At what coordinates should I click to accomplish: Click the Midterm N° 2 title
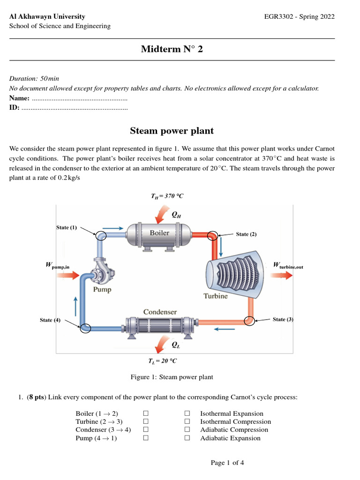tap(172, 50)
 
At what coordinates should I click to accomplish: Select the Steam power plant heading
tap(172, 131)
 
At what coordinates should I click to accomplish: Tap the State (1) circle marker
tap(101, 236)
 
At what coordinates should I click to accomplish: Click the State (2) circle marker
tap(213, 235)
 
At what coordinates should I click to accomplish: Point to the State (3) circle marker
tap(249, 321)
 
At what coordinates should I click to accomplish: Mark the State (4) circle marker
tap(85, 328)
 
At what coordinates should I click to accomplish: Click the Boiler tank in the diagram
tap(160, 233)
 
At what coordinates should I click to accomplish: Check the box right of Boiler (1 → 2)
tap(146, 413)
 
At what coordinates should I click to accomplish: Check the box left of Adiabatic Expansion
tap(187, 438)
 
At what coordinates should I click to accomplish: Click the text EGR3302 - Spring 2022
tap(300, 17)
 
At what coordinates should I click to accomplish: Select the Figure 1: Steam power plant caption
tap(172, 377)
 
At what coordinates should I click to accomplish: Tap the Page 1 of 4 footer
tap(227, 463)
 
